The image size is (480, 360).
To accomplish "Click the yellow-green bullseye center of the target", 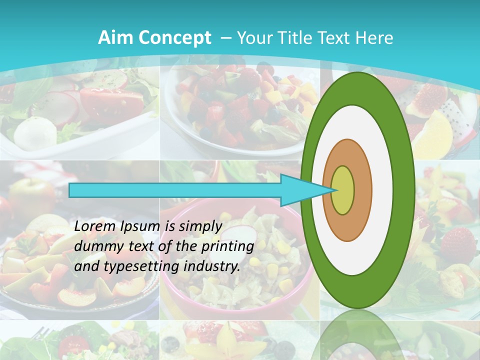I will pos(343,190).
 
